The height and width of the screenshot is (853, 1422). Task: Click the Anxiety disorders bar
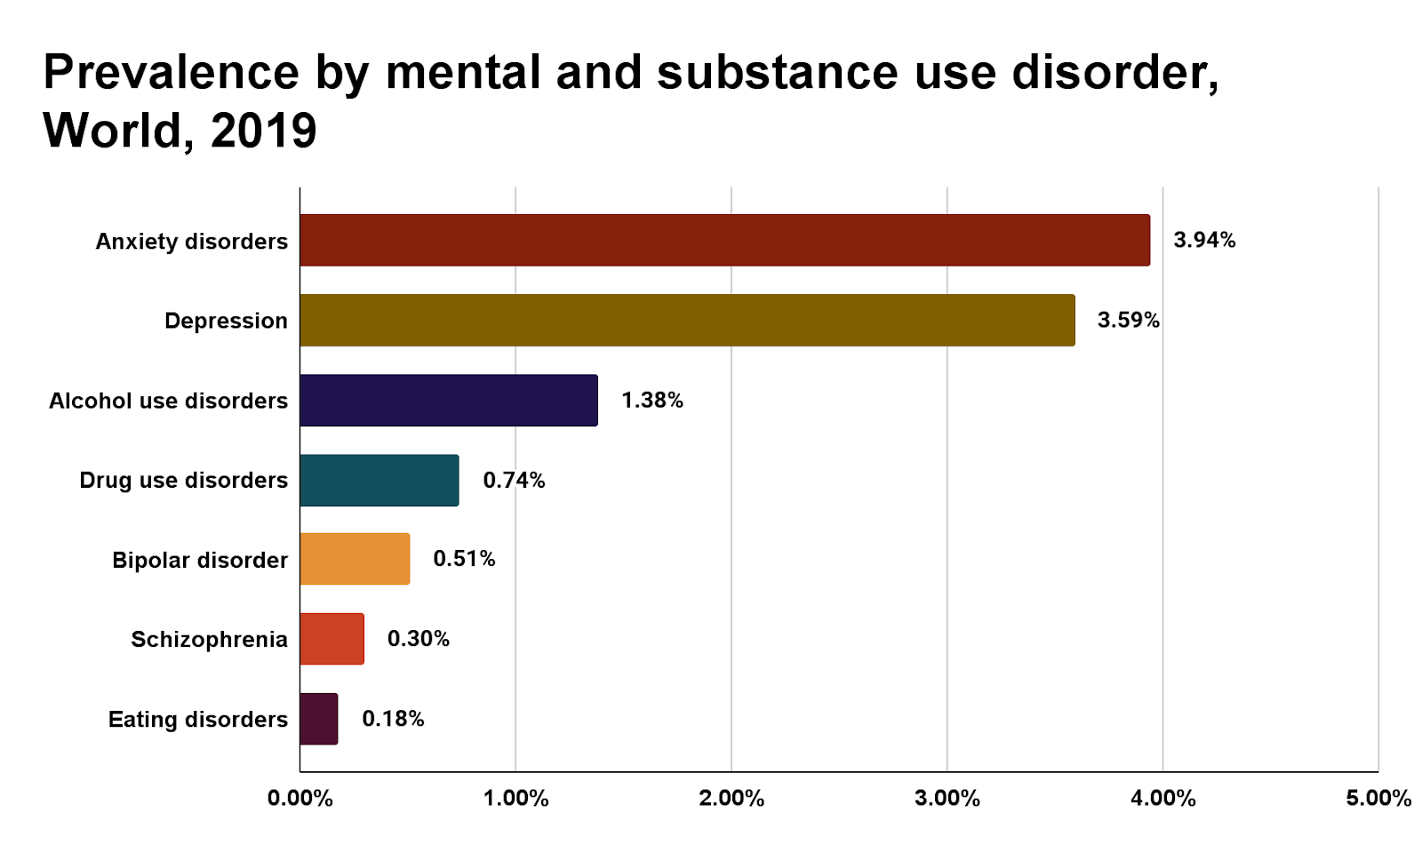point(724,240)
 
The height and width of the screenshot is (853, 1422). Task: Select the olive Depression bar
point(687,320)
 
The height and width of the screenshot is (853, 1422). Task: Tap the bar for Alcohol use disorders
point(449,400)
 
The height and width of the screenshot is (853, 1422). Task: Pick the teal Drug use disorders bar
point(379,480)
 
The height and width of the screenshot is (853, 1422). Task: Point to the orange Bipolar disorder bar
point(355,559)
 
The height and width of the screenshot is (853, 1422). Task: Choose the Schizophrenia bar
point(332,639)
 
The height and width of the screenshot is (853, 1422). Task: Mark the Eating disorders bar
point(318,719)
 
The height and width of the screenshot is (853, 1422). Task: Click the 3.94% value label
point(1204,240)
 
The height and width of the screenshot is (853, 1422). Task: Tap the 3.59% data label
point(1128,320)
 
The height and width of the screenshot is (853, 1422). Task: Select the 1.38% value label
point(651,400)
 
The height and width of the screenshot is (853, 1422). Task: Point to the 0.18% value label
point(393,719)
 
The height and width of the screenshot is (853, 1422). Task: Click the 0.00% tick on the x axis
point(300,798)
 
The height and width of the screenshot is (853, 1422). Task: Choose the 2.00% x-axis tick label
point(731,798)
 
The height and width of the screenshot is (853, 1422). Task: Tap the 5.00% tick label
point(1378,798)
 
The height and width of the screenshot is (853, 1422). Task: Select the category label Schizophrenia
point(209,640)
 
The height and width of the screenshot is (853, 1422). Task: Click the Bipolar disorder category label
point(200,560)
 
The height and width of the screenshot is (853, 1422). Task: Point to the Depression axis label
point(226,321)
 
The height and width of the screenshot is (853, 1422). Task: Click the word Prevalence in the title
point(171,73)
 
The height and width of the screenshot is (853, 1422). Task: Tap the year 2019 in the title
point(264,131)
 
